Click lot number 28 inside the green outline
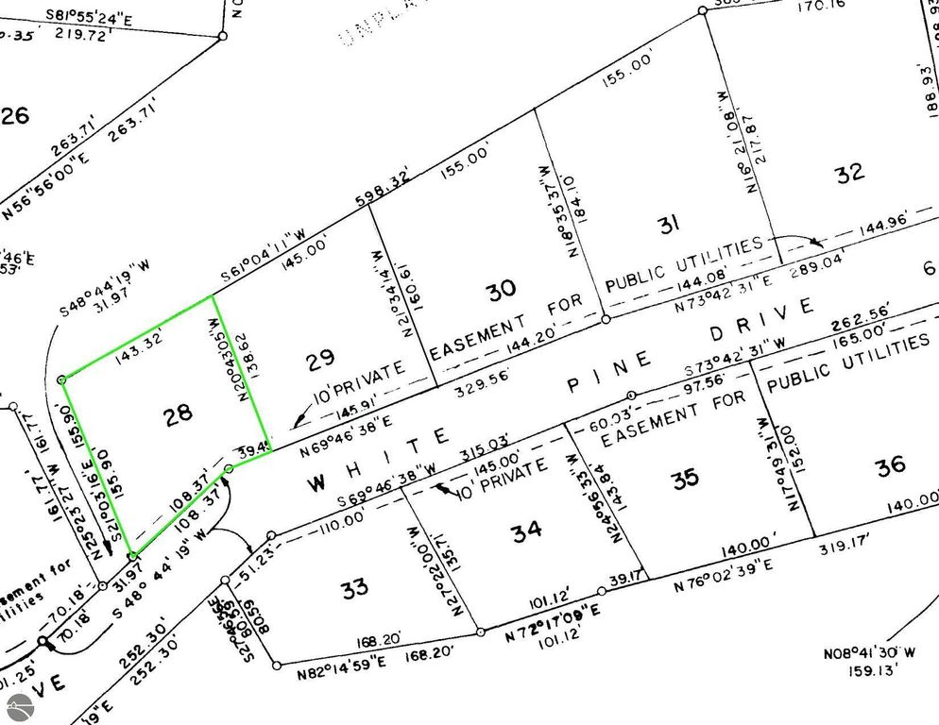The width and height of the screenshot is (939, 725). pyautogui.click(x=178, y=413)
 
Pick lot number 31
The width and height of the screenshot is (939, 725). pyautogui.click(x=669, y=224)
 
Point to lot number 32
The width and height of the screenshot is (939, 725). pyautogui.click(x=850, y=173)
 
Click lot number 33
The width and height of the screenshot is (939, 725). pyautogui.click(x=354, y=590)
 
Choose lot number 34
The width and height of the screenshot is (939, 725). pyautogui.click(x=526, y=531)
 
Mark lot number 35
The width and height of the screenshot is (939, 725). pyautogui.click(x=686, y=478)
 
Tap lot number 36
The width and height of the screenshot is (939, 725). pyautogui.click(x=890, y=464)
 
